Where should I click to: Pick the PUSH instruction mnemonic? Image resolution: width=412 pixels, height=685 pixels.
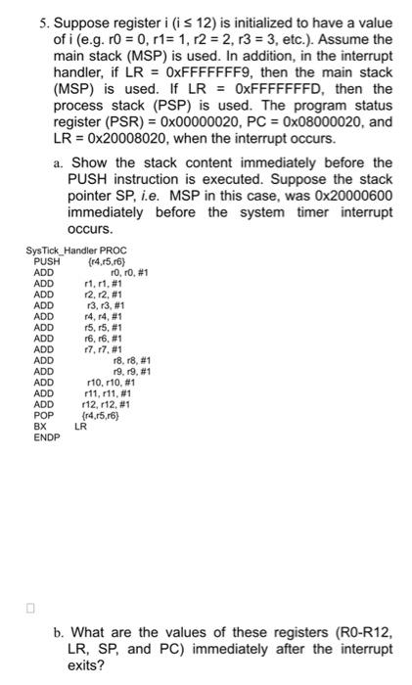tap(47, 262)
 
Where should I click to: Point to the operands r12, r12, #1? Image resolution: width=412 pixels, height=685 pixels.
tap(110, 402)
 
